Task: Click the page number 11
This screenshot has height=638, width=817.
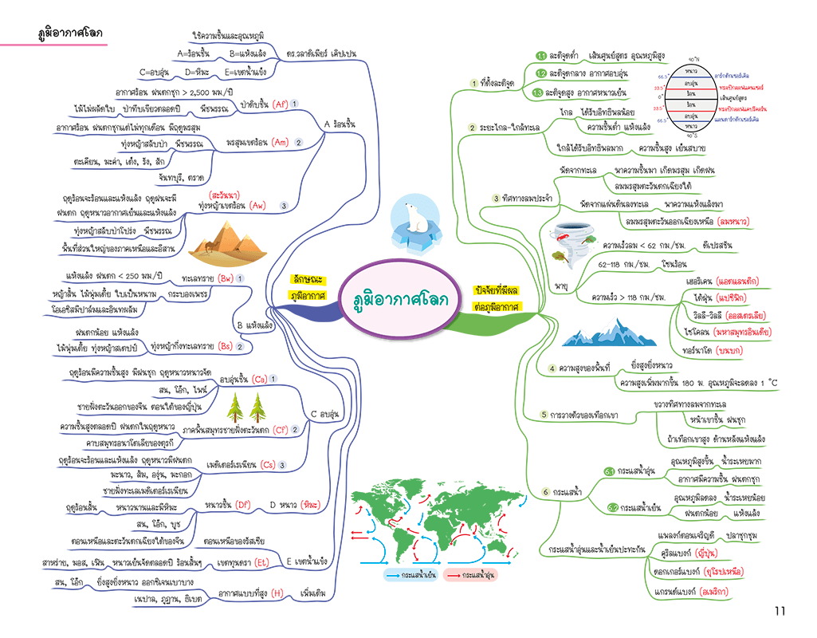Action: (x=779, y=611)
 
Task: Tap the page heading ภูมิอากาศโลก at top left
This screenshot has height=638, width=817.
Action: (x=70, y=33)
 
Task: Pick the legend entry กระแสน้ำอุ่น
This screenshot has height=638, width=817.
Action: (x=472, y=575)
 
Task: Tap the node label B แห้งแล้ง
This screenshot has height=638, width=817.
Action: (x=255, y=325)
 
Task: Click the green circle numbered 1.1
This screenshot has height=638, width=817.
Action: (x=540, y=56)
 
